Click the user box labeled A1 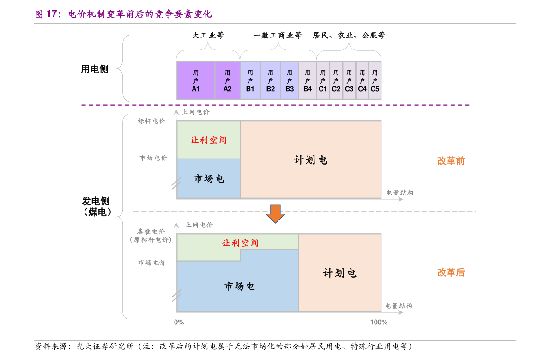196,81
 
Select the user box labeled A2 227,81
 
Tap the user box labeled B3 290,81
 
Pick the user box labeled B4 308,81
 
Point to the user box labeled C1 323,81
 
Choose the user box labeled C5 375,81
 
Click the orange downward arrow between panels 275,214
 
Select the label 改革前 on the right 451,161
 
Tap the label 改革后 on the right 451,272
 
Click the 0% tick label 179,322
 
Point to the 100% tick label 379,322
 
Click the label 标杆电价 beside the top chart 151,121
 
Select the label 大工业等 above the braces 208,35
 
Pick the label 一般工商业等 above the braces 278,35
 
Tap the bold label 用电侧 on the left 95,69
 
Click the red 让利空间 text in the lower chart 240,243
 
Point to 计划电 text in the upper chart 311,160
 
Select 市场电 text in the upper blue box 209,178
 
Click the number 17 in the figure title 51,14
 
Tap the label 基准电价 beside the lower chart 151,232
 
